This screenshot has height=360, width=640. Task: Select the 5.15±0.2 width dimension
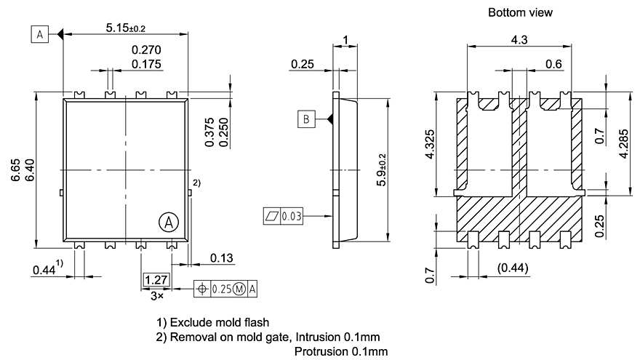[x=125, y=28]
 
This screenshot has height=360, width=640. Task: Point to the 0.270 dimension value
[x=146, y=50]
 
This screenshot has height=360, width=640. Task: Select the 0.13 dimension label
[x=222, y=258]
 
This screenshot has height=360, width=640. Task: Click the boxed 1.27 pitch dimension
[x=155, y=280]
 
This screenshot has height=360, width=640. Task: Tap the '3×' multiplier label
[x=156, y=296]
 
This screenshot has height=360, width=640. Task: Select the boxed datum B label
[x=307, y=119]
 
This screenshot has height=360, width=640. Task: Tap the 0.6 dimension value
[x=553, y=64]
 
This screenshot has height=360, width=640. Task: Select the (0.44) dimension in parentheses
[x=513, y=268]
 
